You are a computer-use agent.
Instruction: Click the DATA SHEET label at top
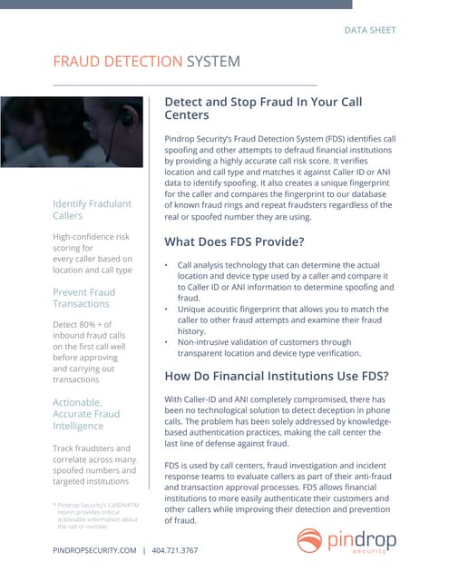369,30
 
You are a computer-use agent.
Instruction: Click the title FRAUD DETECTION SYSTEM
147,62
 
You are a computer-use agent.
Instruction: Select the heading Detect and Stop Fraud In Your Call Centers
263,109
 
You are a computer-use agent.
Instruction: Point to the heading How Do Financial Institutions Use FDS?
278,376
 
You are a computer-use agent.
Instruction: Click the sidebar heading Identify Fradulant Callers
92,209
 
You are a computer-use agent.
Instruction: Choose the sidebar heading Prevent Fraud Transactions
84,299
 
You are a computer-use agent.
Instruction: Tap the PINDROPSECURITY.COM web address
94,550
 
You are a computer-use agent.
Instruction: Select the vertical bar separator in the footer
144,550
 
